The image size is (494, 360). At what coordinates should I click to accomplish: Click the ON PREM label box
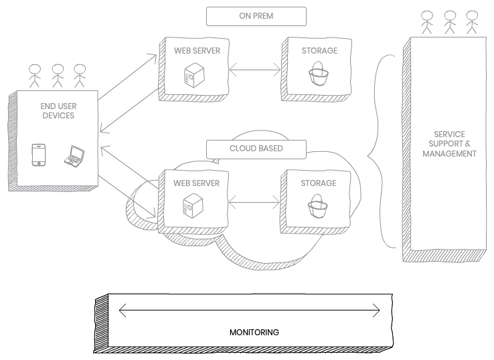point(256,15)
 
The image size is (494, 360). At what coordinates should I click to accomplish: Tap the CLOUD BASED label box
point(256,148)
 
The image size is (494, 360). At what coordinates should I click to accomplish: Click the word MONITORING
point(254,332)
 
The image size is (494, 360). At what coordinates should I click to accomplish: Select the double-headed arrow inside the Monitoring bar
point(249,310)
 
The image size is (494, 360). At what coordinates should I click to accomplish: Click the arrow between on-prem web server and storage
point(254,68)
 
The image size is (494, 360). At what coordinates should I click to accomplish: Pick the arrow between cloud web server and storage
point(254,200)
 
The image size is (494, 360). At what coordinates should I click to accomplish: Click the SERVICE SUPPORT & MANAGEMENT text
point(449,144)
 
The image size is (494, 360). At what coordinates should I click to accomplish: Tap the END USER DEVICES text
point(58,111)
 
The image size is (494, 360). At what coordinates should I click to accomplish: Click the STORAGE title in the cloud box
point(318,183)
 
